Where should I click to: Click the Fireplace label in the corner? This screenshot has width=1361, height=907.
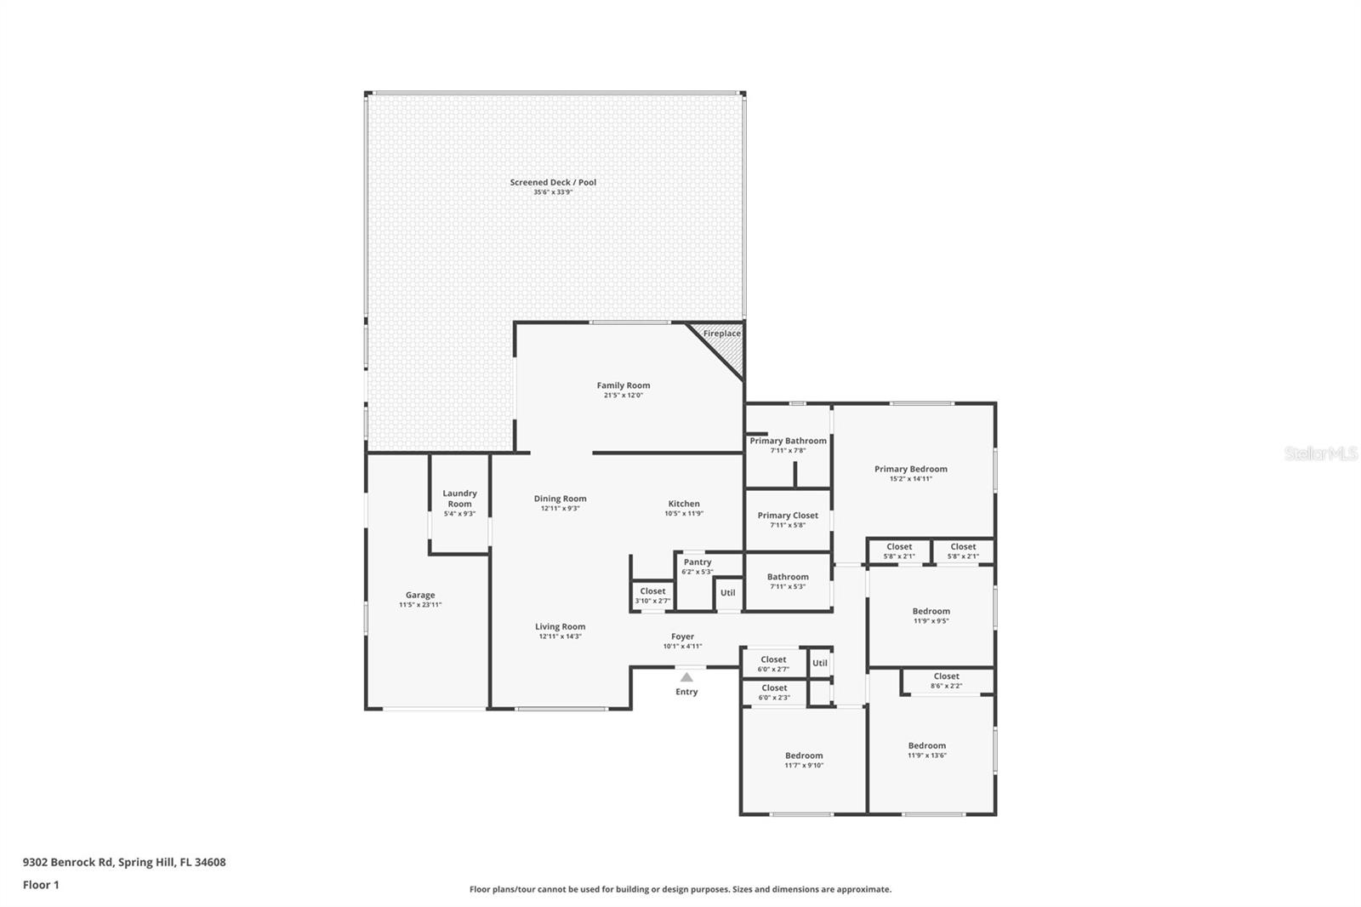(721, 334)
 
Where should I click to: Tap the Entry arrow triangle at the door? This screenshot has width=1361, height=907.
(686, 677)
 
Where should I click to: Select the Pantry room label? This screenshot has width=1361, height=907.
(698, 562)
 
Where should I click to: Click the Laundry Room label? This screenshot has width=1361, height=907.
(459, 499)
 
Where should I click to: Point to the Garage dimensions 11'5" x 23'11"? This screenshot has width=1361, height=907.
(420, 605)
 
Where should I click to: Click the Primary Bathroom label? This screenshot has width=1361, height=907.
(788, 441)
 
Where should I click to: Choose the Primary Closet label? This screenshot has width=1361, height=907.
(788, 516)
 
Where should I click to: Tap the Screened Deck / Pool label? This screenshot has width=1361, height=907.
(553, 182)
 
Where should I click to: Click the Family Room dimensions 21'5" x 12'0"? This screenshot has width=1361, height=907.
(624, 396)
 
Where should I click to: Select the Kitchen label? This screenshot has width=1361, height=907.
(684, 504)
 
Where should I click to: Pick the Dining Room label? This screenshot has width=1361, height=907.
(560, 499)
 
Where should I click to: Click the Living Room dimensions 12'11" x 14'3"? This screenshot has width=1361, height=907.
(560, 636)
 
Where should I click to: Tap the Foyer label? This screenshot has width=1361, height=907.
(682, 636)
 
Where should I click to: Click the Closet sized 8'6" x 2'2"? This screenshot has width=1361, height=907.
(946, 681)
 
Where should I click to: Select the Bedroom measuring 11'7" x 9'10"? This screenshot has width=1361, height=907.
(804, 760)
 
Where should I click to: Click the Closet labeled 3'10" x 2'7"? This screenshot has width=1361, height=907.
(652, 596)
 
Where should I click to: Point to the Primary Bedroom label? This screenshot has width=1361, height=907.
(910, 469)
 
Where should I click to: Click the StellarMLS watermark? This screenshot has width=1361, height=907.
(1320, 454)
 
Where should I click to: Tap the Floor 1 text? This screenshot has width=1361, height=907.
(41, 885)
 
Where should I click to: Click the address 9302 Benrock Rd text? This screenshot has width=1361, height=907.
(124, 862)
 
